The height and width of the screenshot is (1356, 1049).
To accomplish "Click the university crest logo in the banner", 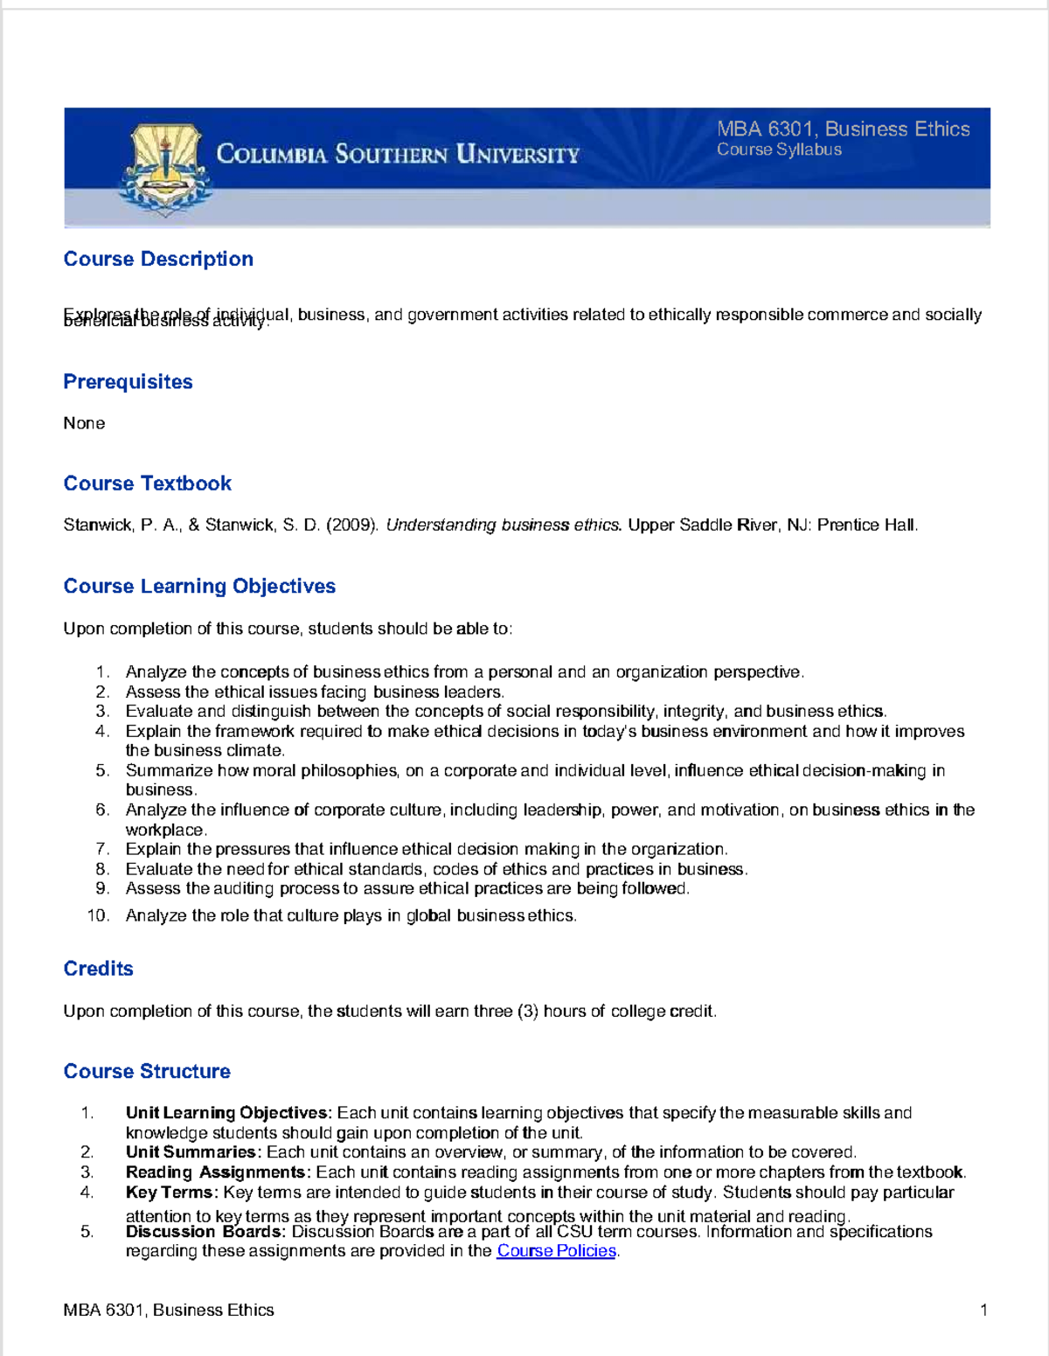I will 165,169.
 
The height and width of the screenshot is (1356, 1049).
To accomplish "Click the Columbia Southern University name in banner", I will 398,155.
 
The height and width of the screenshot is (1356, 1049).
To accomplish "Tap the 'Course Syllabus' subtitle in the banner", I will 779,150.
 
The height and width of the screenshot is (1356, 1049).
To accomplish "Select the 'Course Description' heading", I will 158,259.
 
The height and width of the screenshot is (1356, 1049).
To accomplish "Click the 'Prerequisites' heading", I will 128,382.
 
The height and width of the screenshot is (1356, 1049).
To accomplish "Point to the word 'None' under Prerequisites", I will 84,423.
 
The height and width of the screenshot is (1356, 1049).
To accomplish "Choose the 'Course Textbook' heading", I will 147,483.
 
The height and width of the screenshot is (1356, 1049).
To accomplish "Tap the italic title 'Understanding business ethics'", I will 504,525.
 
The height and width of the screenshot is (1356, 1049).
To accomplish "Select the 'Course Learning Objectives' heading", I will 199,586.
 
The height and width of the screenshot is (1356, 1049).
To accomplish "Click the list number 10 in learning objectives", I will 98,915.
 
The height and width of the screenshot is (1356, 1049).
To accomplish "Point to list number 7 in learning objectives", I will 102,849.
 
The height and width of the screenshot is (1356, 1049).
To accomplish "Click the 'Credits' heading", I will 98,969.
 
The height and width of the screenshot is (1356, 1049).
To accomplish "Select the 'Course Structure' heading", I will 147,1071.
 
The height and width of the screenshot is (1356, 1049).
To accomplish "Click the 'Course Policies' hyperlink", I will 556,1251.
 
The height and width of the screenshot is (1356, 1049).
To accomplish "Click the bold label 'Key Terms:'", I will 171,1193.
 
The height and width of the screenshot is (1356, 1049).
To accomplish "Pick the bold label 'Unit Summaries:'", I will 193,1152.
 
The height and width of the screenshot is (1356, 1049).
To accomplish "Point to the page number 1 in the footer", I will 983,1310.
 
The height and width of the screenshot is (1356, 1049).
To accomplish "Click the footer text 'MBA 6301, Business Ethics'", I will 169,1310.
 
